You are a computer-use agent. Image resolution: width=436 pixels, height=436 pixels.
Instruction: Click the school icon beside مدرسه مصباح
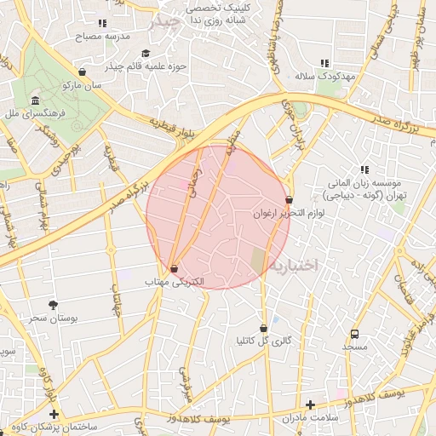pyautogui.click(x=103, y=24)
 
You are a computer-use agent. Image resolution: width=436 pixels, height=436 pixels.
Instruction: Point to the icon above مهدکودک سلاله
pyautogui.click(x=324, y=63)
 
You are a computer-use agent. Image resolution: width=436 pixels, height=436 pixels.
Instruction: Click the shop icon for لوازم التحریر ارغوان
pyautogui.click(x=290, y=200)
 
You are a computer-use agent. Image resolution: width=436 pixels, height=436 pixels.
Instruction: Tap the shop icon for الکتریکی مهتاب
pyautogui.click(x=174, y=268)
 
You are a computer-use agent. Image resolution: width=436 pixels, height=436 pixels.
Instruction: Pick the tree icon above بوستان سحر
pyautogui.click(x=54, y=304)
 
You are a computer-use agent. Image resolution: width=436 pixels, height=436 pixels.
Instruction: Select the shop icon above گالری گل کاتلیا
pyautogui.click(x=263, y=328)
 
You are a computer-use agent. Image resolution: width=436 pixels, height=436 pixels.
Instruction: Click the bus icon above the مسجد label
pyautogui.click(x=354, y=334)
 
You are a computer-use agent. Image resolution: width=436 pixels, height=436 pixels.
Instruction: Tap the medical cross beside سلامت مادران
pyautogui.click(x=310, y=404)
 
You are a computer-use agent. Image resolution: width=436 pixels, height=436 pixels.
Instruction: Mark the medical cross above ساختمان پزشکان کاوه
pyautogui.click(x=55, y=414)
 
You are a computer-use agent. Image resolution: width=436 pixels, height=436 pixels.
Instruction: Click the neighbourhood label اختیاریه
pyautogui.click(x=294, y=266)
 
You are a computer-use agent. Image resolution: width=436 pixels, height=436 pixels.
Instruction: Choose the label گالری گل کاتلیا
pyautogui.click(x=264, y=341)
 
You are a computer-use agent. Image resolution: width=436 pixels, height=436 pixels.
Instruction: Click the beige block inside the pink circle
pyautogui.click(x=257, y=261)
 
